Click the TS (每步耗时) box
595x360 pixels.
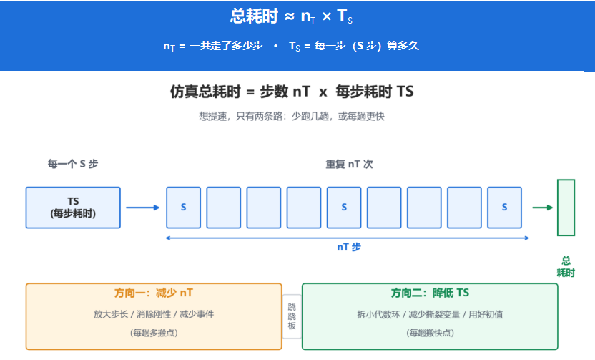[73, 208]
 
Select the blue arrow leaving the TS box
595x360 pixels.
[143, 208]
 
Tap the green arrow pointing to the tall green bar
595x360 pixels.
[543, 208]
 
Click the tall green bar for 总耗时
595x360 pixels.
[566, 208]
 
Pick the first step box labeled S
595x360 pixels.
[184, 208]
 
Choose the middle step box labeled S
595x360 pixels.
[344, 208]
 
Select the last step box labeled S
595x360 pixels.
[504, 208]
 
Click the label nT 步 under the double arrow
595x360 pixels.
[349, 247]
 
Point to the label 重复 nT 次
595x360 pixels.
[349, 164]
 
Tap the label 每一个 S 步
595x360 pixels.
[73, 164]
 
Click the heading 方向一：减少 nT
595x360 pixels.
[154, 293]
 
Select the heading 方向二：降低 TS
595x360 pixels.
[430, 293]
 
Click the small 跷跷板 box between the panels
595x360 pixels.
[292, 316]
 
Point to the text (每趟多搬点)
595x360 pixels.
[154, 333]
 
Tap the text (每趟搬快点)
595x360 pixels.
[430, 333]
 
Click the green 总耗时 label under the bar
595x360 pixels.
[566, 266]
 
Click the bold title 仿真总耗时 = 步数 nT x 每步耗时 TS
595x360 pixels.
[292, 92]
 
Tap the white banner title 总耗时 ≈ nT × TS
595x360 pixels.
[291, 16]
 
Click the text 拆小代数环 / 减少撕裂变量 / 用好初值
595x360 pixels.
[430, 314]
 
